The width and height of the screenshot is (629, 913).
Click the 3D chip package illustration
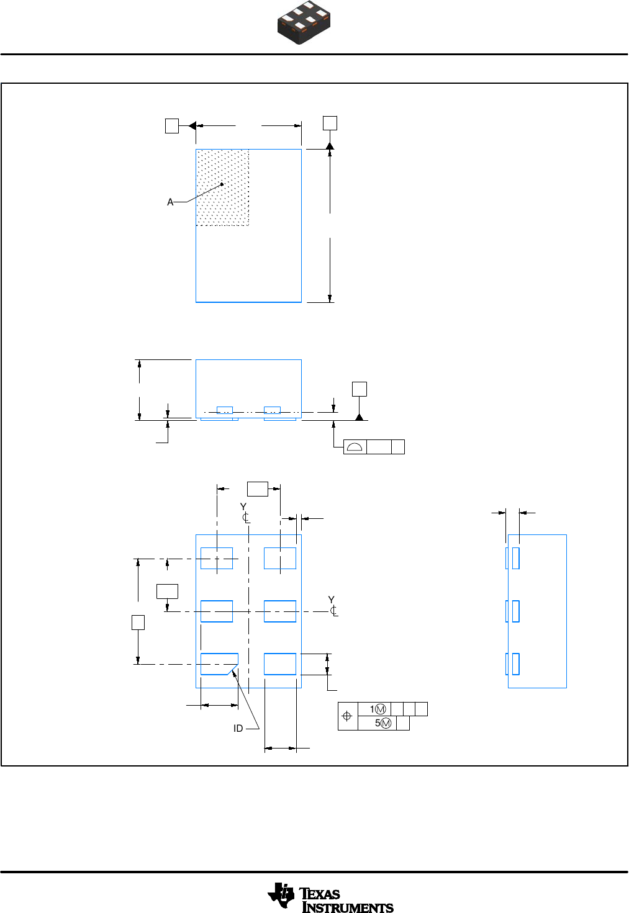pyautogui.click(x=304, y=23)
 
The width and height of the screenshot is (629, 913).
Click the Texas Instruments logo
pyautogui.click(x=330, y=898)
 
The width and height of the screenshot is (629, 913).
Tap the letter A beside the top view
pyautogui.click(x=170, y=202)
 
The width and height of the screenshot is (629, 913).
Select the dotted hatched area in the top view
pyautogui.click(x=223, y=187)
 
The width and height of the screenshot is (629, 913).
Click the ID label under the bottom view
pyautogui.click(x=238, y=729)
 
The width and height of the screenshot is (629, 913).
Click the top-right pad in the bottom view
pyautogui.click(x=280, y=558)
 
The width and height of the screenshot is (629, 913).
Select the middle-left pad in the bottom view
pyautogui.click(x=217, y=611)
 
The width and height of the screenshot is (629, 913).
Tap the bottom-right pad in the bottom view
pyautogui.click(x=280, y=664)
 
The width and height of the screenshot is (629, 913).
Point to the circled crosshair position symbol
pyautogui.click(x=347, y=716)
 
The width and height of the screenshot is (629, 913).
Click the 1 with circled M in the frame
pyautogui.click(x=378, y=709)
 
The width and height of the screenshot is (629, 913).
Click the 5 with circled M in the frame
pyautogui.click(x=382, y=723)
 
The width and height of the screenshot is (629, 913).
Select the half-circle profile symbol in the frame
pyautogui.click(x=355, y=447)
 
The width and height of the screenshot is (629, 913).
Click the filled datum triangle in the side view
pyautogui.click(x=359, y=416)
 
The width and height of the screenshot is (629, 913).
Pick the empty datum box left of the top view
pyautogui.click(x=172, y=126)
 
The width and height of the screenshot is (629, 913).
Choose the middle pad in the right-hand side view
pyautogui.click(x=515, y=611)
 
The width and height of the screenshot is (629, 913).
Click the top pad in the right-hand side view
pyautogui.click(x=515, y=558)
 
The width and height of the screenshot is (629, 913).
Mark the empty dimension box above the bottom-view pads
pyautogui.click(x=258, y=488)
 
